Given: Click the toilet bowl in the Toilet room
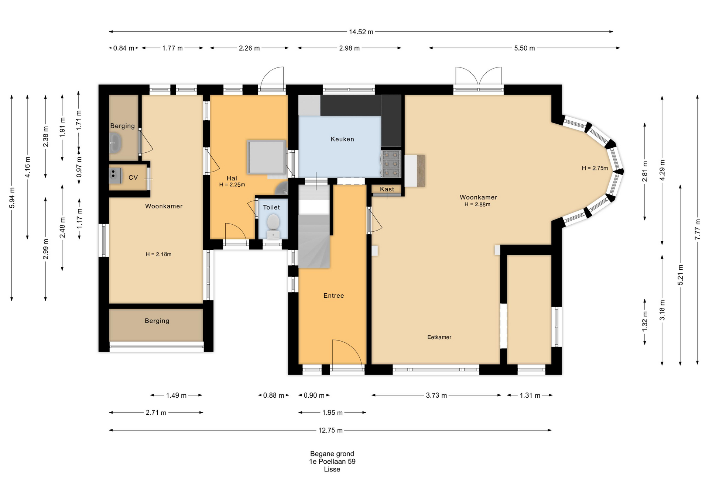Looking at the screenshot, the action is pos(273,226).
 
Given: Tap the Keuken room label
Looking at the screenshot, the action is pos(342,139).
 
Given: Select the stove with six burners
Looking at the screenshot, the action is pos(391,163).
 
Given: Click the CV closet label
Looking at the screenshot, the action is pos(133,177).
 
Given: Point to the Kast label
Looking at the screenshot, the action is pos(387,189).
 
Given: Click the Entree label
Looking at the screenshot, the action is pos(333,296).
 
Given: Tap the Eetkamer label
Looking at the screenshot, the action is pos(439,337).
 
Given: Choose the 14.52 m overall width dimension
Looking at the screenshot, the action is pos(361,32).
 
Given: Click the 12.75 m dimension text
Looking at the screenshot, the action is pos(330,430).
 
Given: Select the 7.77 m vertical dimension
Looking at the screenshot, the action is pos(697,229).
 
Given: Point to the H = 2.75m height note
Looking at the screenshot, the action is pos(595,168).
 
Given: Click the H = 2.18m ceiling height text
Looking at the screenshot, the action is pos(158,254).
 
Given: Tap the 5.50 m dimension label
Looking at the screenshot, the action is pos(524,48).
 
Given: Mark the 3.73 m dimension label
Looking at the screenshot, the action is pos(436,395).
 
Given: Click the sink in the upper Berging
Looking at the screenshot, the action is pos(116,143).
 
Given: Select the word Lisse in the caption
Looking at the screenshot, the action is pos(332,469).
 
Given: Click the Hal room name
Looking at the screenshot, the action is pos(232,178).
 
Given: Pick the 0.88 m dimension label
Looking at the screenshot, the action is pos(274,395).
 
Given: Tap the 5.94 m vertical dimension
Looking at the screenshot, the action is pos(12,198).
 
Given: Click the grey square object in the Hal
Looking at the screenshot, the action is pos(266,157).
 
